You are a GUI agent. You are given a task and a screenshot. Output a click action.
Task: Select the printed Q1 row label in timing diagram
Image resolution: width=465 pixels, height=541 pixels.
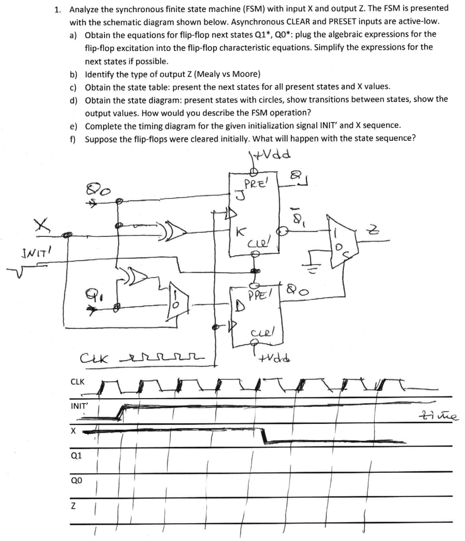(76, 456)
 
